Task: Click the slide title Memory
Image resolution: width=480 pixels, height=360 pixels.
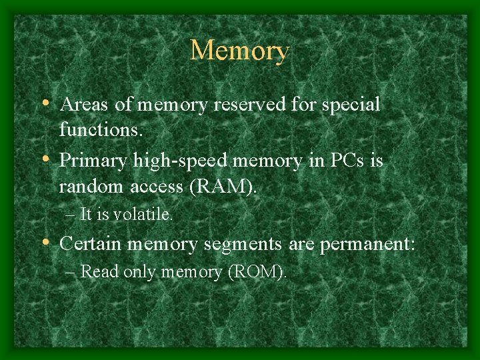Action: (239, 51)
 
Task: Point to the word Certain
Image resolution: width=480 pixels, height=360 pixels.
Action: (91, 244)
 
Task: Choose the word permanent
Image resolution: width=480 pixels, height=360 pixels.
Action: (366, 245)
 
